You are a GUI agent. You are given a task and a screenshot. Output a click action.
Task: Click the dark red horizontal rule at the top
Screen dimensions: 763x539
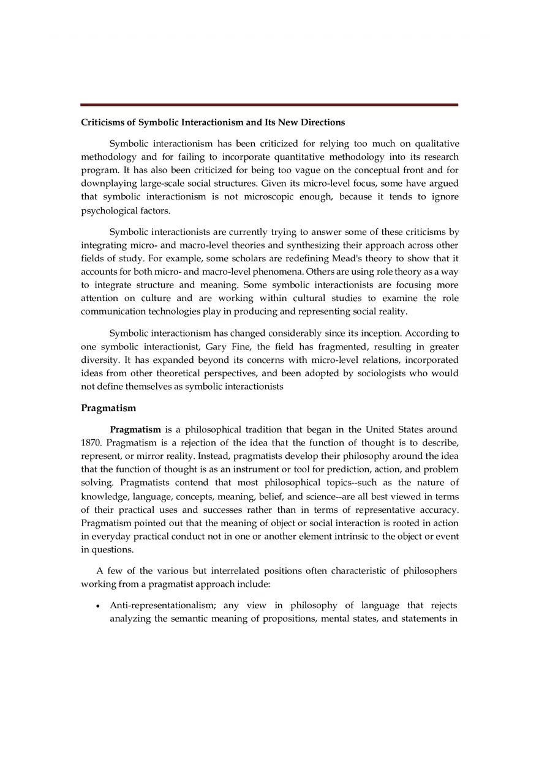[269, 105]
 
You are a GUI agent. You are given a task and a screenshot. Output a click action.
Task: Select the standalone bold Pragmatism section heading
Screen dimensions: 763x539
[108, 408]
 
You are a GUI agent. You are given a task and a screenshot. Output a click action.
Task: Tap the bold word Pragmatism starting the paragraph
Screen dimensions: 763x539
[135, 430]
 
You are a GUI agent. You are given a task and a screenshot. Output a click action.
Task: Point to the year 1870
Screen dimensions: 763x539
[91, 442]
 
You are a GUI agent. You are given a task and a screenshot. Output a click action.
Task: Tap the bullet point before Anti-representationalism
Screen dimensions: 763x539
[98, 606]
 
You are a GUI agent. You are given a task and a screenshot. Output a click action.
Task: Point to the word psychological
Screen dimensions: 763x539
[108, 211]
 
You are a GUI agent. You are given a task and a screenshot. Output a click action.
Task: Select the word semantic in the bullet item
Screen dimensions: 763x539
[189, 618]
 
